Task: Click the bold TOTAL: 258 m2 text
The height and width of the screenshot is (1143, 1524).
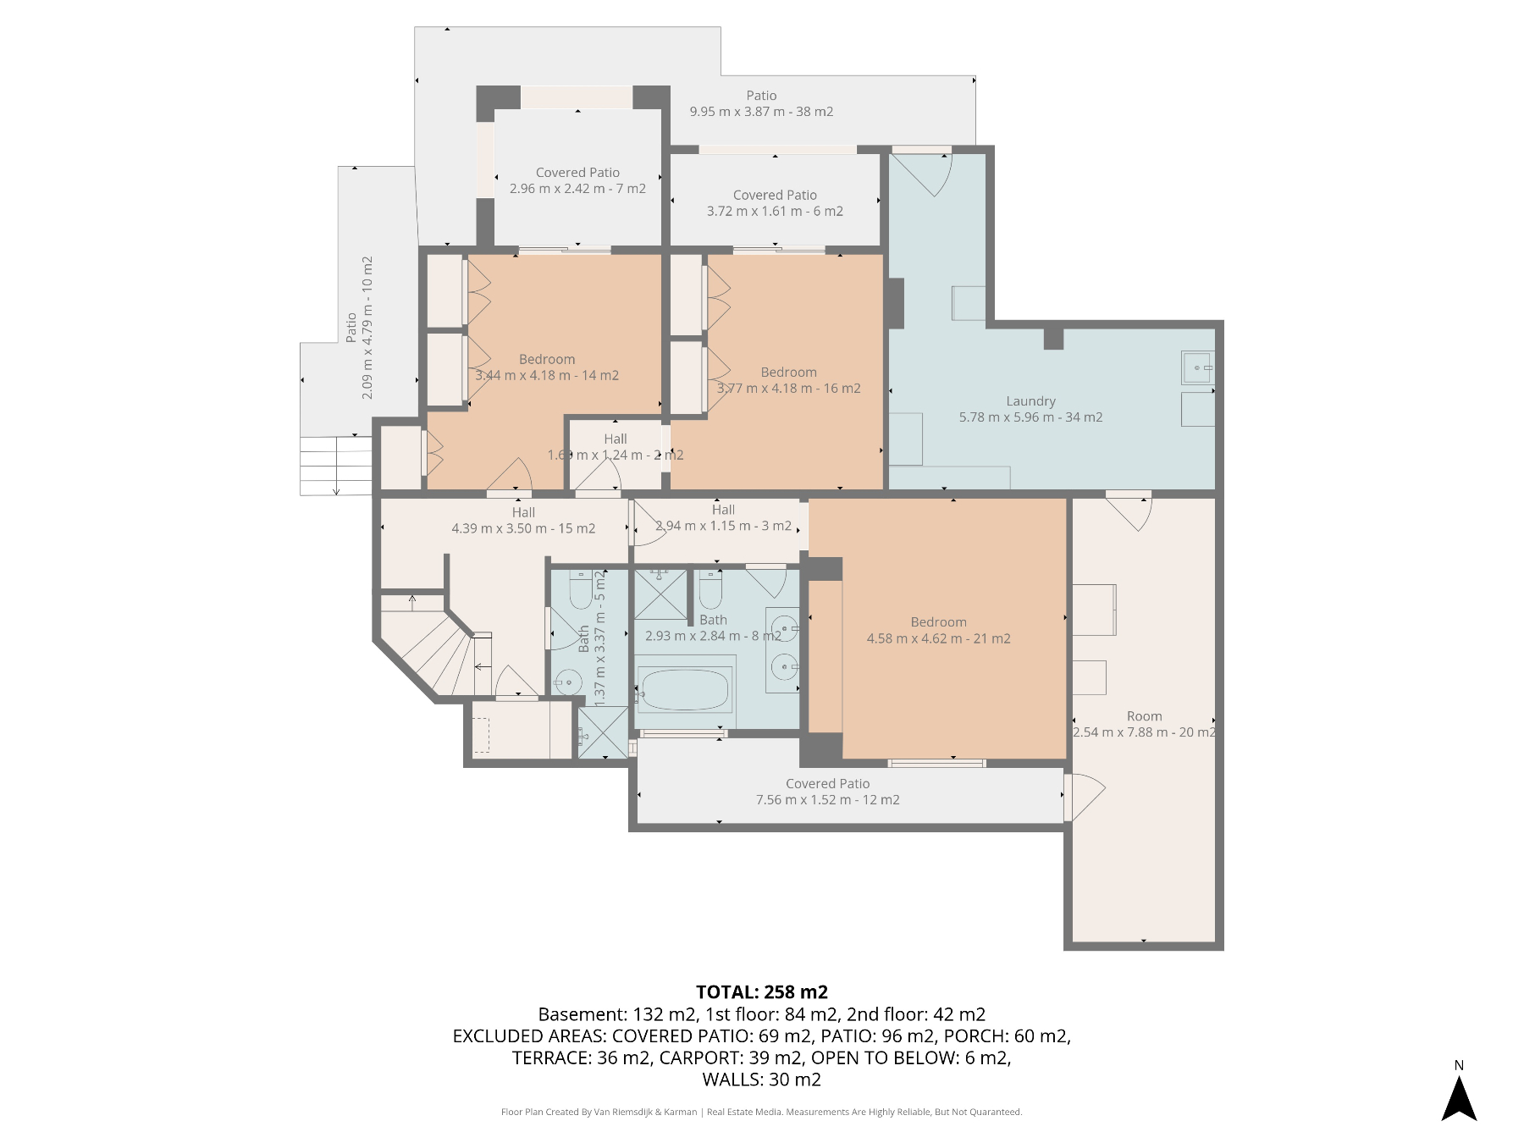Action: tap(762, 992)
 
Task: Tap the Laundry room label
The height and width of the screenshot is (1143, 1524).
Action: tap(1030, 409)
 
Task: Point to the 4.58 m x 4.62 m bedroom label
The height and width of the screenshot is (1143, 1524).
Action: tap(938, 630)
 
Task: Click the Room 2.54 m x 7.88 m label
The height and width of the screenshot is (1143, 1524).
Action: tap(1144, 724)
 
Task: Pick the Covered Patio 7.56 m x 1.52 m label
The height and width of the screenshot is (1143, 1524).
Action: tap(827, 792)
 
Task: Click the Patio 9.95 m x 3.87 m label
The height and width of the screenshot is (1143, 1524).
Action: tap(761, 103)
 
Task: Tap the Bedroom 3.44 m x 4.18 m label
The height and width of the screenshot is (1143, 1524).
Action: tap(547, 367)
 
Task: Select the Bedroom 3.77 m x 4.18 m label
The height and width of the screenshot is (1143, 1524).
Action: tap(788, 380)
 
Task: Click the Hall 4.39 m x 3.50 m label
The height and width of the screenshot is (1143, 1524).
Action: tap(523, 520)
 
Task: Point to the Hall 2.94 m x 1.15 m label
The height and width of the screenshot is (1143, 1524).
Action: tap(723, 517)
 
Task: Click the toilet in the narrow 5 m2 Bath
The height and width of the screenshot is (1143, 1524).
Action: tap(581, 590)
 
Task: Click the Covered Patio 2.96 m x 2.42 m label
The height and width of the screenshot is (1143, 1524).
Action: tap(577, 180)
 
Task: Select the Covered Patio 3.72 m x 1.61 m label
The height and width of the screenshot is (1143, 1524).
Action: tap(775, 203)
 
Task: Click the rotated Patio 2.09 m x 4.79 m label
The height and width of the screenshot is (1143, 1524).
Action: tap(359, 328)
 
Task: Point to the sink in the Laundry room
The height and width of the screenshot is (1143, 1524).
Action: tap(1198, 367)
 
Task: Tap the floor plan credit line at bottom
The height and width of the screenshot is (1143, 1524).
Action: tap(761, 1112)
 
